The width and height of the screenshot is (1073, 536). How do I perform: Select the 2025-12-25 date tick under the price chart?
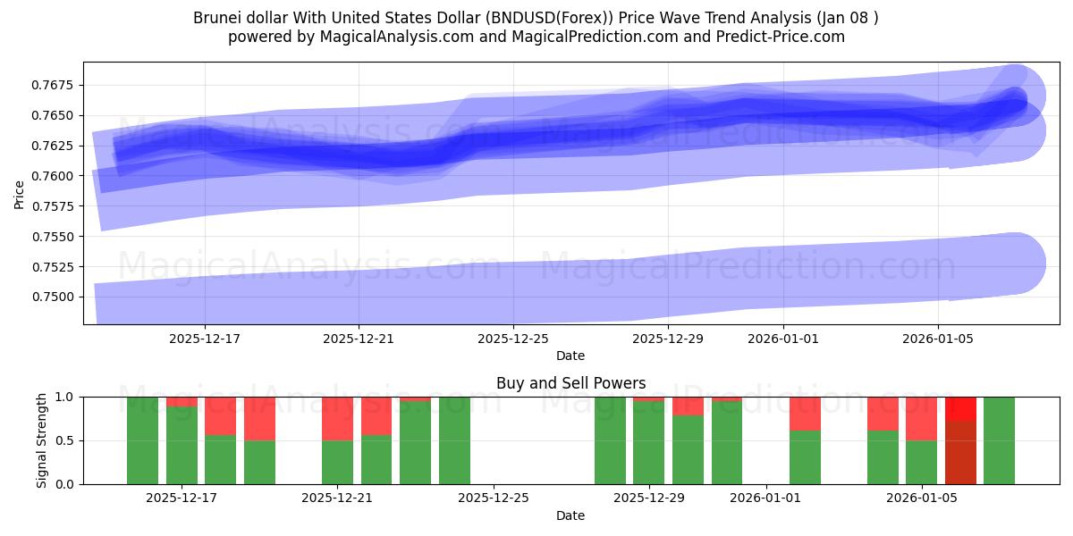[513, 339]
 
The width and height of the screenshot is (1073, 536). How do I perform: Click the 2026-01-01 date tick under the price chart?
[783, 339]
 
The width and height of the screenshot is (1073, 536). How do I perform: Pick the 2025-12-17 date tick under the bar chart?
[182, 498]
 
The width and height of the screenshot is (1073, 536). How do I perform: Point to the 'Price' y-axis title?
[20, 194]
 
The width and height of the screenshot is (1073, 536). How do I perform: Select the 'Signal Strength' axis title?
[41, 440]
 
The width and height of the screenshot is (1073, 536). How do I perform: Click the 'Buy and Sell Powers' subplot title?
[570, 383]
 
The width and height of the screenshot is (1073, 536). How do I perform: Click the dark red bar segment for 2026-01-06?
[960, 453]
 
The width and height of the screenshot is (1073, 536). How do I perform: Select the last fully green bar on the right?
[999, 440]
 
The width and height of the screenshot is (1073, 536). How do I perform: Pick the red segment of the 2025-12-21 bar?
[337, 418]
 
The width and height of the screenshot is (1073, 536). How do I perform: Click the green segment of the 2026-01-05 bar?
[921, 463]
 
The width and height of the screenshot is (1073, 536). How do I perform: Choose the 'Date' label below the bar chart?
[570, 515]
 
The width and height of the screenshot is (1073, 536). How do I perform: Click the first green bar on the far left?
[142, 440]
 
